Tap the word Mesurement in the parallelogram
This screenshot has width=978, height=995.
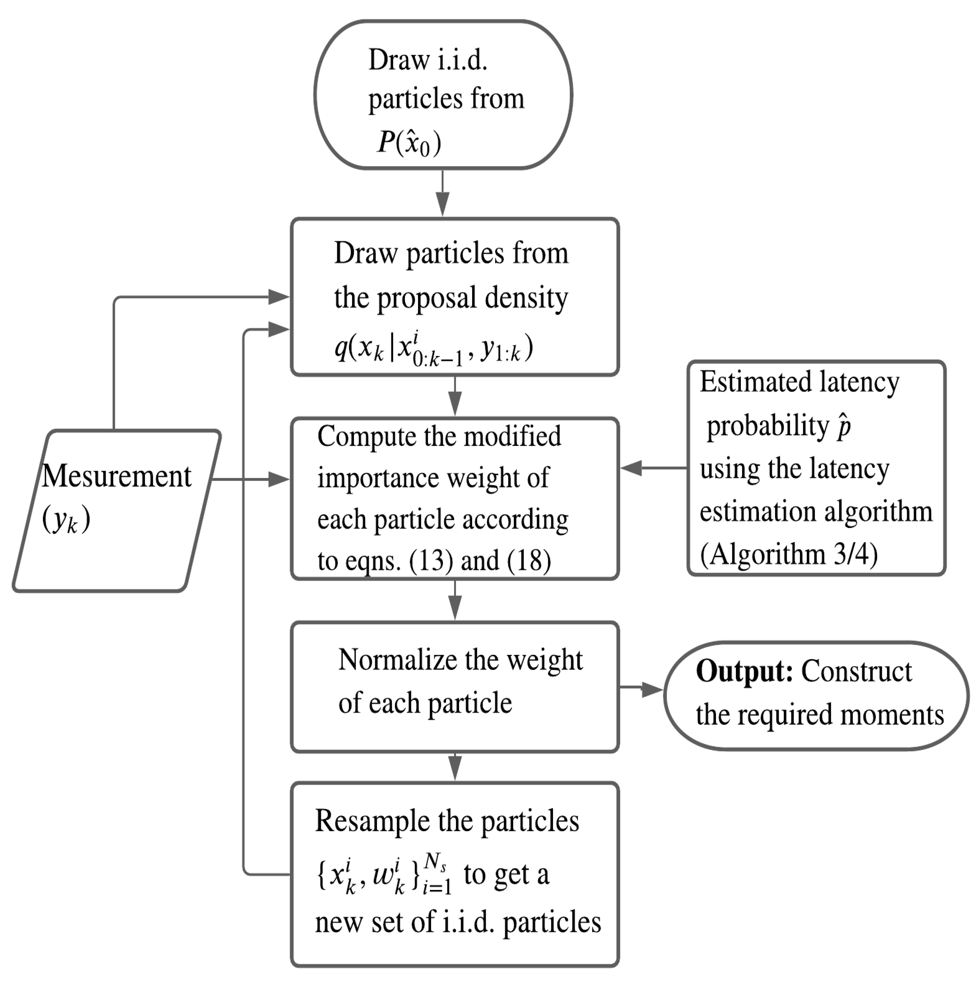pyautogui.click(x=117, y=476)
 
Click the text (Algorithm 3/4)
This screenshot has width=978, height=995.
pyautogui.click(x=789, y=554)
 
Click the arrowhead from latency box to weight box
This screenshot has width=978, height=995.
pyautogui.click(x=632, y=468)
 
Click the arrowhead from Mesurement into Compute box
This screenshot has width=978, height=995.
pyautogui.click(x=279, y=480)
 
